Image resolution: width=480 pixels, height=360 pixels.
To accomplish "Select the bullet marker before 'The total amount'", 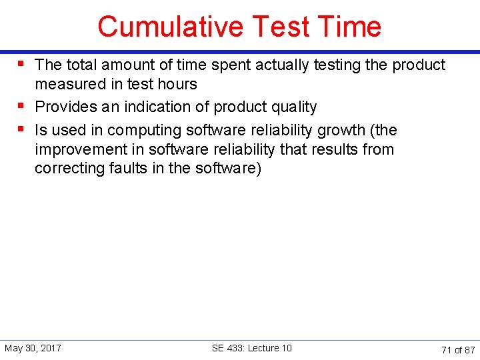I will pos(22,63).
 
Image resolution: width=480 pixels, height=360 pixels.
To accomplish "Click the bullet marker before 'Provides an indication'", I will pos(22,105).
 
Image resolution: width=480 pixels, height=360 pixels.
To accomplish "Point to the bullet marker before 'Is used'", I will pos(22,128).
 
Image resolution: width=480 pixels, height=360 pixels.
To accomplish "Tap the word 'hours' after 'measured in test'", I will pos(176,85).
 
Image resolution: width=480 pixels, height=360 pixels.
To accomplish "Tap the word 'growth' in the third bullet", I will pos(343,130).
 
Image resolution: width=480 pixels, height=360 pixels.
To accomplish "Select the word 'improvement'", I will pos(76,149).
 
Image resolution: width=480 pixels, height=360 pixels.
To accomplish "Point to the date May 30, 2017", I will pos(33,349).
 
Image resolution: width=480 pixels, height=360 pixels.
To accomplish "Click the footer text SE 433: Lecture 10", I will pos(251,349).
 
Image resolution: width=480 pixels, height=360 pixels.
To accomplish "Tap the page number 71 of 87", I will pos(458,349).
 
